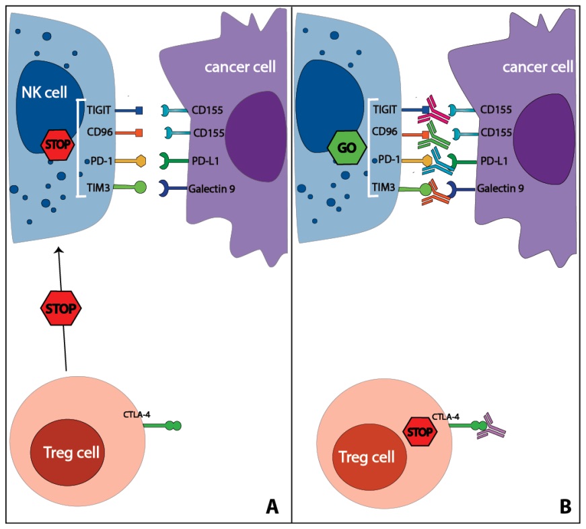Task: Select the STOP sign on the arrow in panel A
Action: coord(61,309)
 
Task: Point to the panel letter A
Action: coord(272,505)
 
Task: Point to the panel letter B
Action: coord(565,505)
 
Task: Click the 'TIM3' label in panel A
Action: coord(99,188)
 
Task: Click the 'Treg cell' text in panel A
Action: coord(71,452)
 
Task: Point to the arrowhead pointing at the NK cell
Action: coord(59,251)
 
